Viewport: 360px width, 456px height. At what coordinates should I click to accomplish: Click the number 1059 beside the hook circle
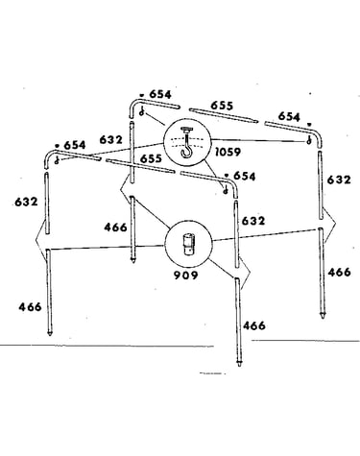(x=228, y=152)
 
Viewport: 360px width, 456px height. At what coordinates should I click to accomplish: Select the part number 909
(x=186, y=275)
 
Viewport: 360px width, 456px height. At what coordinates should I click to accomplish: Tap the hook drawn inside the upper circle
(x=185, y=143)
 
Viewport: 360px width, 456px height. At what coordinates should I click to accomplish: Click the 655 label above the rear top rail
(x=222, y=106)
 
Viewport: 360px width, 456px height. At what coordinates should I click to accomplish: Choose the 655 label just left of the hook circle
(x=151, y=158)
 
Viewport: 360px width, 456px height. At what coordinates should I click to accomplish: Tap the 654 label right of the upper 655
(x=289, y=116)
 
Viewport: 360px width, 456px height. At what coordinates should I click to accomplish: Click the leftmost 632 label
(x=26, y=202)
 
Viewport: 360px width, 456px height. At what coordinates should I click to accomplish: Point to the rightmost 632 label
(x=339, y=180)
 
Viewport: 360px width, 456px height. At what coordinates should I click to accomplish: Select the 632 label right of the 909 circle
(x=253, y=221)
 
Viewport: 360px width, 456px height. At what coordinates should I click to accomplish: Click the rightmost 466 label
(x=340, y=272)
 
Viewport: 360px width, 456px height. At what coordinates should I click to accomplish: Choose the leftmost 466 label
(x=30, y=307)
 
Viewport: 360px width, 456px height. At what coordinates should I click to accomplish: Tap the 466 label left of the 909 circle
(x=115, y=228)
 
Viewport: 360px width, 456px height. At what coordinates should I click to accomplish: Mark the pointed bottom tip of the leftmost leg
(x=50, y=335)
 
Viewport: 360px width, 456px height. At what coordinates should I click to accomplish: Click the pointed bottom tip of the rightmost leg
(x=323, y=318)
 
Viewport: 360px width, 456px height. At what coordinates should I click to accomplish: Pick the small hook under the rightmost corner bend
(x=309, y=139)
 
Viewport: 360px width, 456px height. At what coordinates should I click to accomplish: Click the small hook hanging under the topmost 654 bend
(x=142, y=111)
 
